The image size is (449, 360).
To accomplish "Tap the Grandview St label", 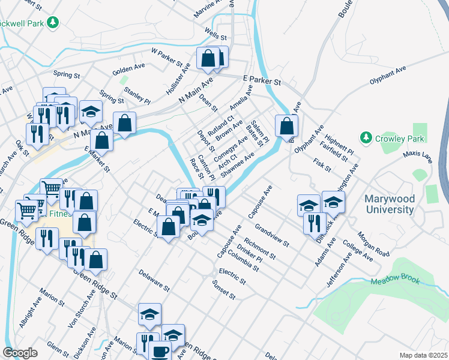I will [272, 236].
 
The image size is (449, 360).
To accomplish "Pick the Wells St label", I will [214, 31].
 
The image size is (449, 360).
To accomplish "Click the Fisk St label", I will [322, 165].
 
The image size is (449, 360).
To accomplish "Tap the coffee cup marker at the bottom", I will [160, 352].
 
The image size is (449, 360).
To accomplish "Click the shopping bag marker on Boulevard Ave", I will [287, 125].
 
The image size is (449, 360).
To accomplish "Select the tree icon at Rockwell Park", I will [53, 22].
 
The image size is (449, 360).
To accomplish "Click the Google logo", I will [20, 352].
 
